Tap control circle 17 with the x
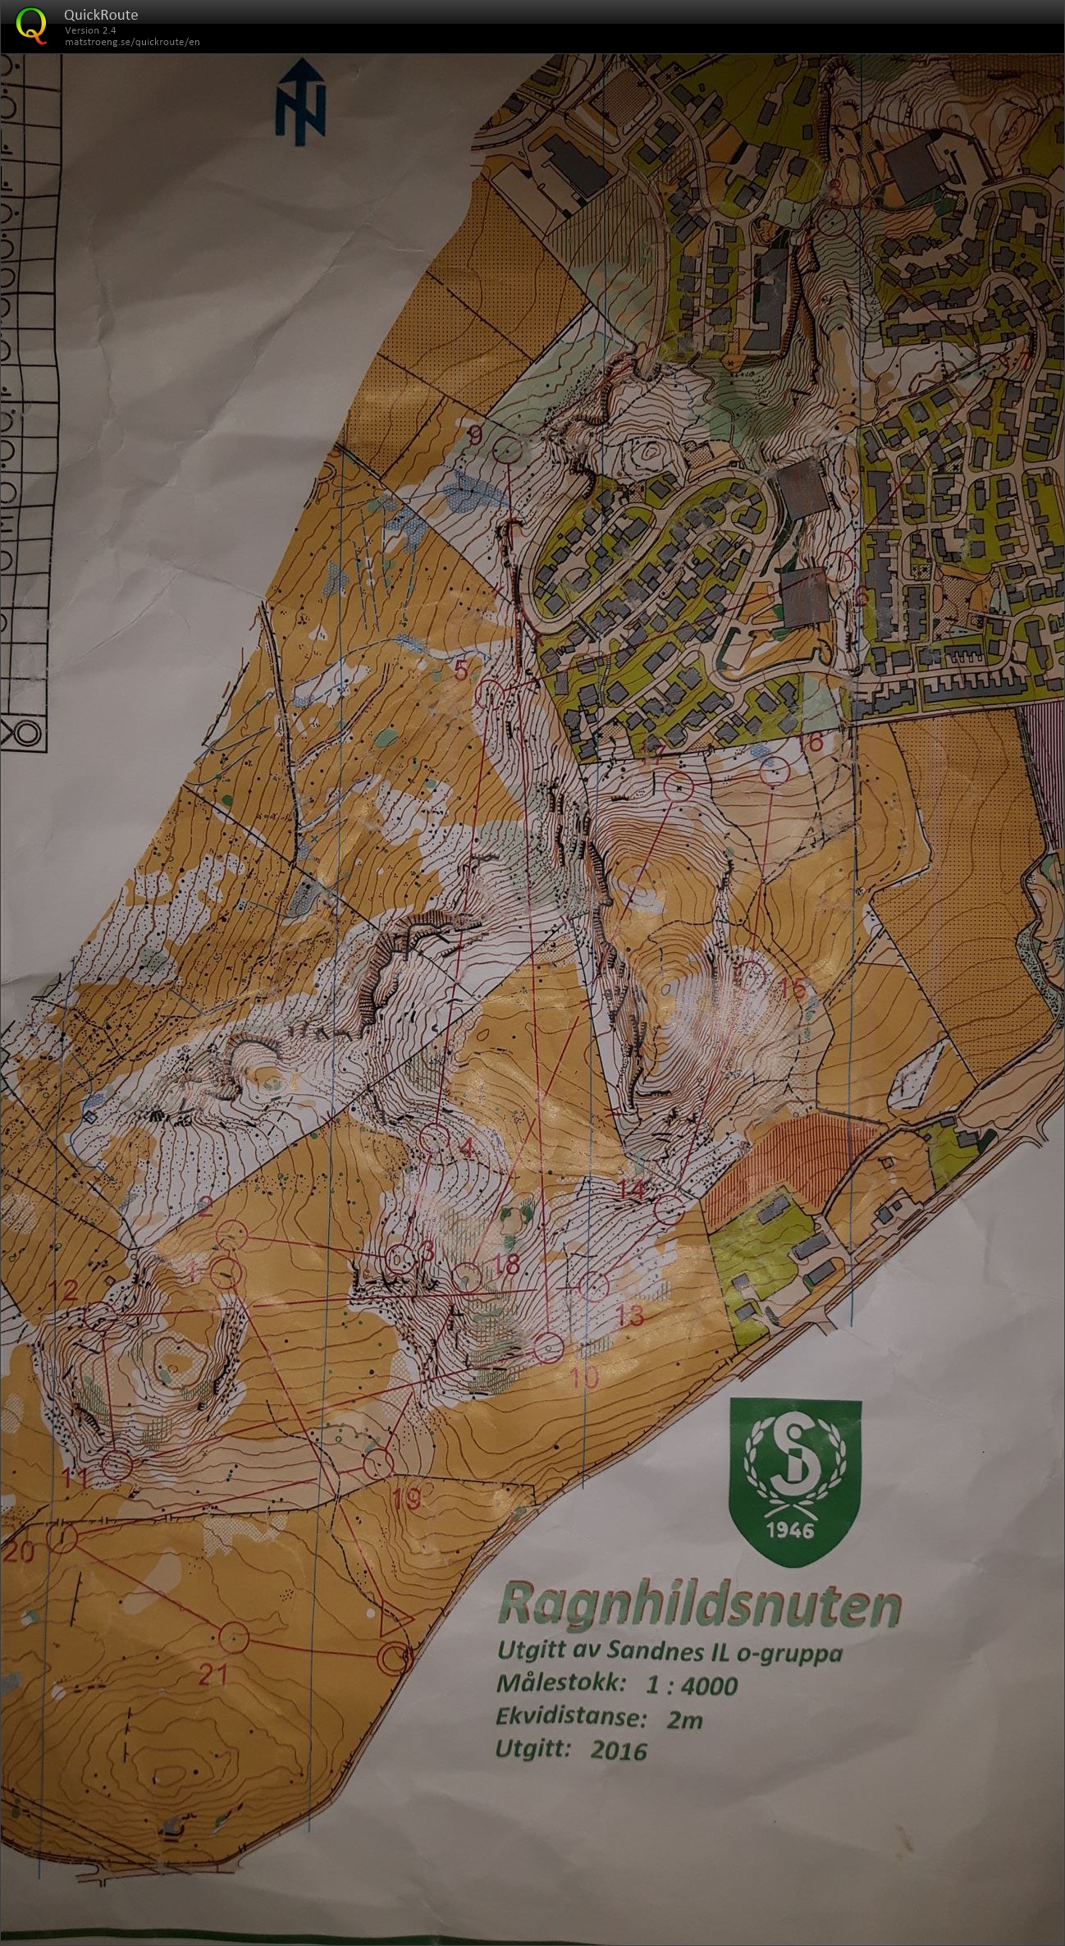point(679,787)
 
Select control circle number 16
point(774,772)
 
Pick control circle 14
point(670,1209)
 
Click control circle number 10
point(549,1347)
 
